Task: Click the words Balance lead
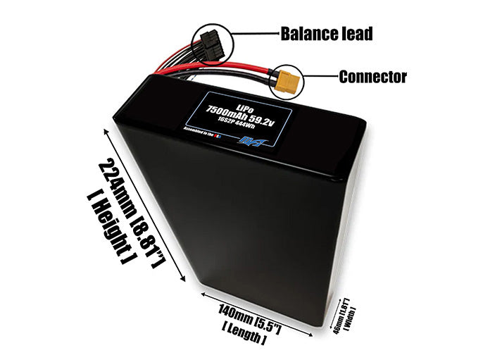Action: [326, 33]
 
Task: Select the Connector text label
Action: [372, 77]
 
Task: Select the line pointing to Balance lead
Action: [257, 33]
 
